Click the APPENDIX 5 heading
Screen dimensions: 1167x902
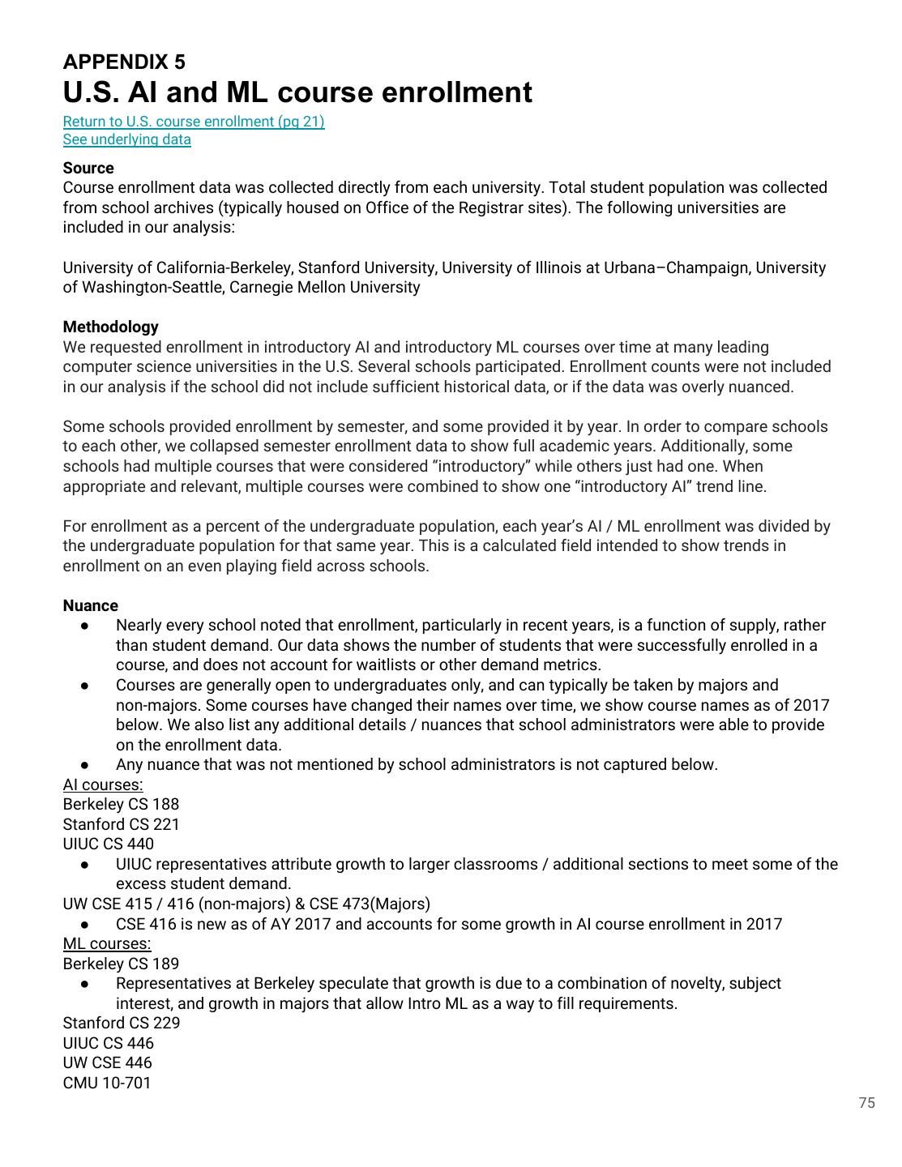[x=124, y=62]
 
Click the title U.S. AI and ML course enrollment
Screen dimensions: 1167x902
[x=297, y=92]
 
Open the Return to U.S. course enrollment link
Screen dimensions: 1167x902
[x=194, y=122]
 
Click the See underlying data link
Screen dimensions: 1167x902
[x=127, y=139]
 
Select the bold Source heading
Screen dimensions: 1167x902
[x=88, y=168]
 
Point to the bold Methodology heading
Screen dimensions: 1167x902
[x=111, y=327]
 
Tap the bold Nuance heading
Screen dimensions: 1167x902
[x=91, y=605]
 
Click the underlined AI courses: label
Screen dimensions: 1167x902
[x=103, y=784]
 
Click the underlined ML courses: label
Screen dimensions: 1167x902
[x=107, y=943]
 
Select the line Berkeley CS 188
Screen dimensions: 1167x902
[x=121, y=804]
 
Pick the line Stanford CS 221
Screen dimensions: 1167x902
[x=122, y=824]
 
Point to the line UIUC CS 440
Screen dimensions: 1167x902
[x=109, y=844]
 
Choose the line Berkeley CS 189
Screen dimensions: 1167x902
[x=121, y=964]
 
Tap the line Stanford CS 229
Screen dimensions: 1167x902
[x=122, y=1023]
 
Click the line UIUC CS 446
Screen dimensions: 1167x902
[x=109, y=1043]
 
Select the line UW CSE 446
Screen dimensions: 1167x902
[x=108, y=1062]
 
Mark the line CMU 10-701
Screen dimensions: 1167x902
[x=107, y=1083]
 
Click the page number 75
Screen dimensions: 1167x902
[x=866, y=1103]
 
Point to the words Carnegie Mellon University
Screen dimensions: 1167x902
[x=325, y=287]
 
